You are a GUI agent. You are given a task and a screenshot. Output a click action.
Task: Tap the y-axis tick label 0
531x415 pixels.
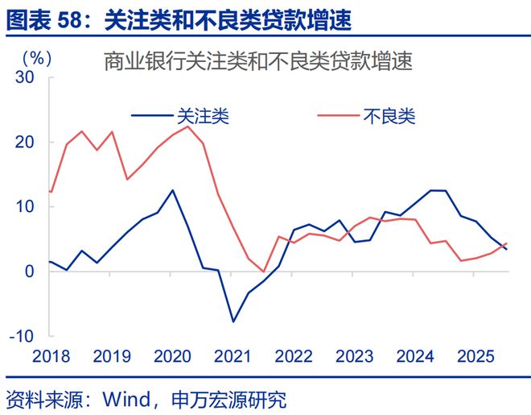click(30, 271)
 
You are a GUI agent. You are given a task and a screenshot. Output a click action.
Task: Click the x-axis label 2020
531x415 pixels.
click(171, 356)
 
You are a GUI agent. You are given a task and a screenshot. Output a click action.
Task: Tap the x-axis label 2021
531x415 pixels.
click(233, 356)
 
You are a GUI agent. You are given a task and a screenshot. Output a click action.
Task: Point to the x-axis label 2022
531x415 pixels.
click(294, 356)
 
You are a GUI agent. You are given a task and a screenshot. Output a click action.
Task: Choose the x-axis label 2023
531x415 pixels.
click(353, 356)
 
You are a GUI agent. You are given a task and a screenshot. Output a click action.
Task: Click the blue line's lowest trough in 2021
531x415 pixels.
click(233, 322)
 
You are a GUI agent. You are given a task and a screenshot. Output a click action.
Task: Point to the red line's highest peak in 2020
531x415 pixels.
click(187, 127)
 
